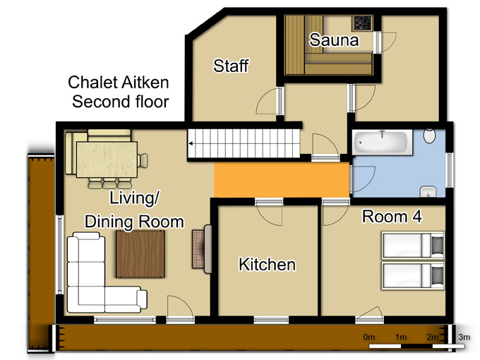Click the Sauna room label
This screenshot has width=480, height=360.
pyautogui.click(x=334, y=40)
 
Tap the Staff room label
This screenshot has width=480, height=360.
pyautogui.click(x=231, y=66)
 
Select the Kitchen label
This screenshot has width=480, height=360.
pyautogui.click(x=268, y=265)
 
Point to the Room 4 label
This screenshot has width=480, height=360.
pyautogui.click(x=392, y=217)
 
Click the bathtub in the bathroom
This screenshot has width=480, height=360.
pyautogui.click(x=383, y=143)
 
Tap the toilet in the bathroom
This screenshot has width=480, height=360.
pyautogui.click(x=430, y=136)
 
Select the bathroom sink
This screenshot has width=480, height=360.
pyautogui.click(x=428, y=191)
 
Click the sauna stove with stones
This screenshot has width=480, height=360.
pyautogui.click(x=363, y=23)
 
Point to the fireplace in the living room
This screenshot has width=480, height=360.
pyautogui.click(x=202, y=249)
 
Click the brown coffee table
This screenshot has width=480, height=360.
pyautogui.click(x=140, y=254)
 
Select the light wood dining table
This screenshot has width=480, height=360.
pyautogui.click(x=107, y=160)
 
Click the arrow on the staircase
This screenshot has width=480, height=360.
pyautogui.click(x=192, y=143)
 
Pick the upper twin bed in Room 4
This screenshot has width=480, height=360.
pyautogui.click(x=413, y=245)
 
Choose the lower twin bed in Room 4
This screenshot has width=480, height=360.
pyautogui.click(x=413, y=275)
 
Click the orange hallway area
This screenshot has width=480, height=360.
pyautogui.click(x=282, y=180)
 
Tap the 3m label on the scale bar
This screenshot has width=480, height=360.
pyautogui.click(x=464, y=337)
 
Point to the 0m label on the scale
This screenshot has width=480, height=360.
pyautogui.click(x=369, y=337)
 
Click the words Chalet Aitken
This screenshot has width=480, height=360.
pyautogui.click(x=118, y=83)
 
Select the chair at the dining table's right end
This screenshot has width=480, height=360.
pyautogui.click(x=143, y=160)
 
